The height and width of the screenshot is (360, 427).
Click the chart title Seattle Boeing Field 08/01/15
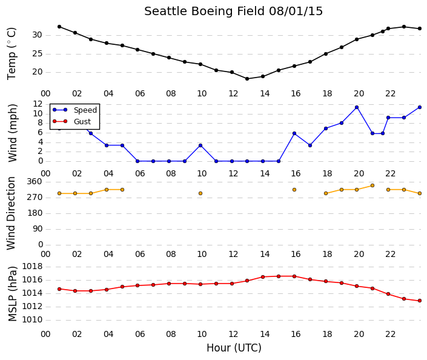233,12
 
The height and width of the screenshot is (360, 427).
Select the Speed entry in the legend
75,110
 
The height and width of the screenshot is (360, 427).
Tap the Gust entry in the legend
71,122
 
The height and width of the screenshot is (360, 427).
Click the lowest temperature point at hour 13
247,79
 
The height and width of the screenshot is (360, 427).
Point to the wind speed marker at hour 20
357,107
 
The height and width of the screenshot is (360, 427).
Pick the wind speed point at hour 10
200,145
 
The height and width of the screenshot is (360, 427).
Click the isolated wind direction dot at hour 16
294,190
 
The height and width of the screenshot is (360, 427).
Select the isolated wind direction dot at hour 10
200,193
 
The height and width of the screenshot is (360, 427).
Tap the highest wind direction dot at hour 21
372,185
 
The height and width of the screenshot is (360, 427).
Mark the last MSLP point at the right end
420,301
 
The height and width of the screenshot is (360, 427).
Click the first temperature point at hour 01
59,27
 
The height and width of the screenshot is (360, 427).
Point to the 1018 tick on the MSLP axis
33,267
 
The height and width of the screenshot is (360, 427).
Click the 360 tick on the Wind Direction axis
35,182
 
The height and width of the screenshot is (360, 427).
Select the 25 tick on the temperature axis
38,54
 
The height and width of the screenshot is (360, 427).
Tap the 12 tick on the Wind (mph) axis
38,104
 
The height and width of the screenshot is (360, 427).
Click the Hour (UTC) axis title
234,348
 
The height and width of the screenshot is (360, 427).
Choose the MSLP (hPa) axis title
12,294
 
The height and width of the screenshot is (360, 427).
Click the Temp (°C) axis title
12,54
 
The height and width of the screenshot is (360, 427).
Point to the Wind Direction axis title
11,213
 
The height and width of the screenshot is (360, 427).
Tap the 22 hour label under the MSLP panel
390,335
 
